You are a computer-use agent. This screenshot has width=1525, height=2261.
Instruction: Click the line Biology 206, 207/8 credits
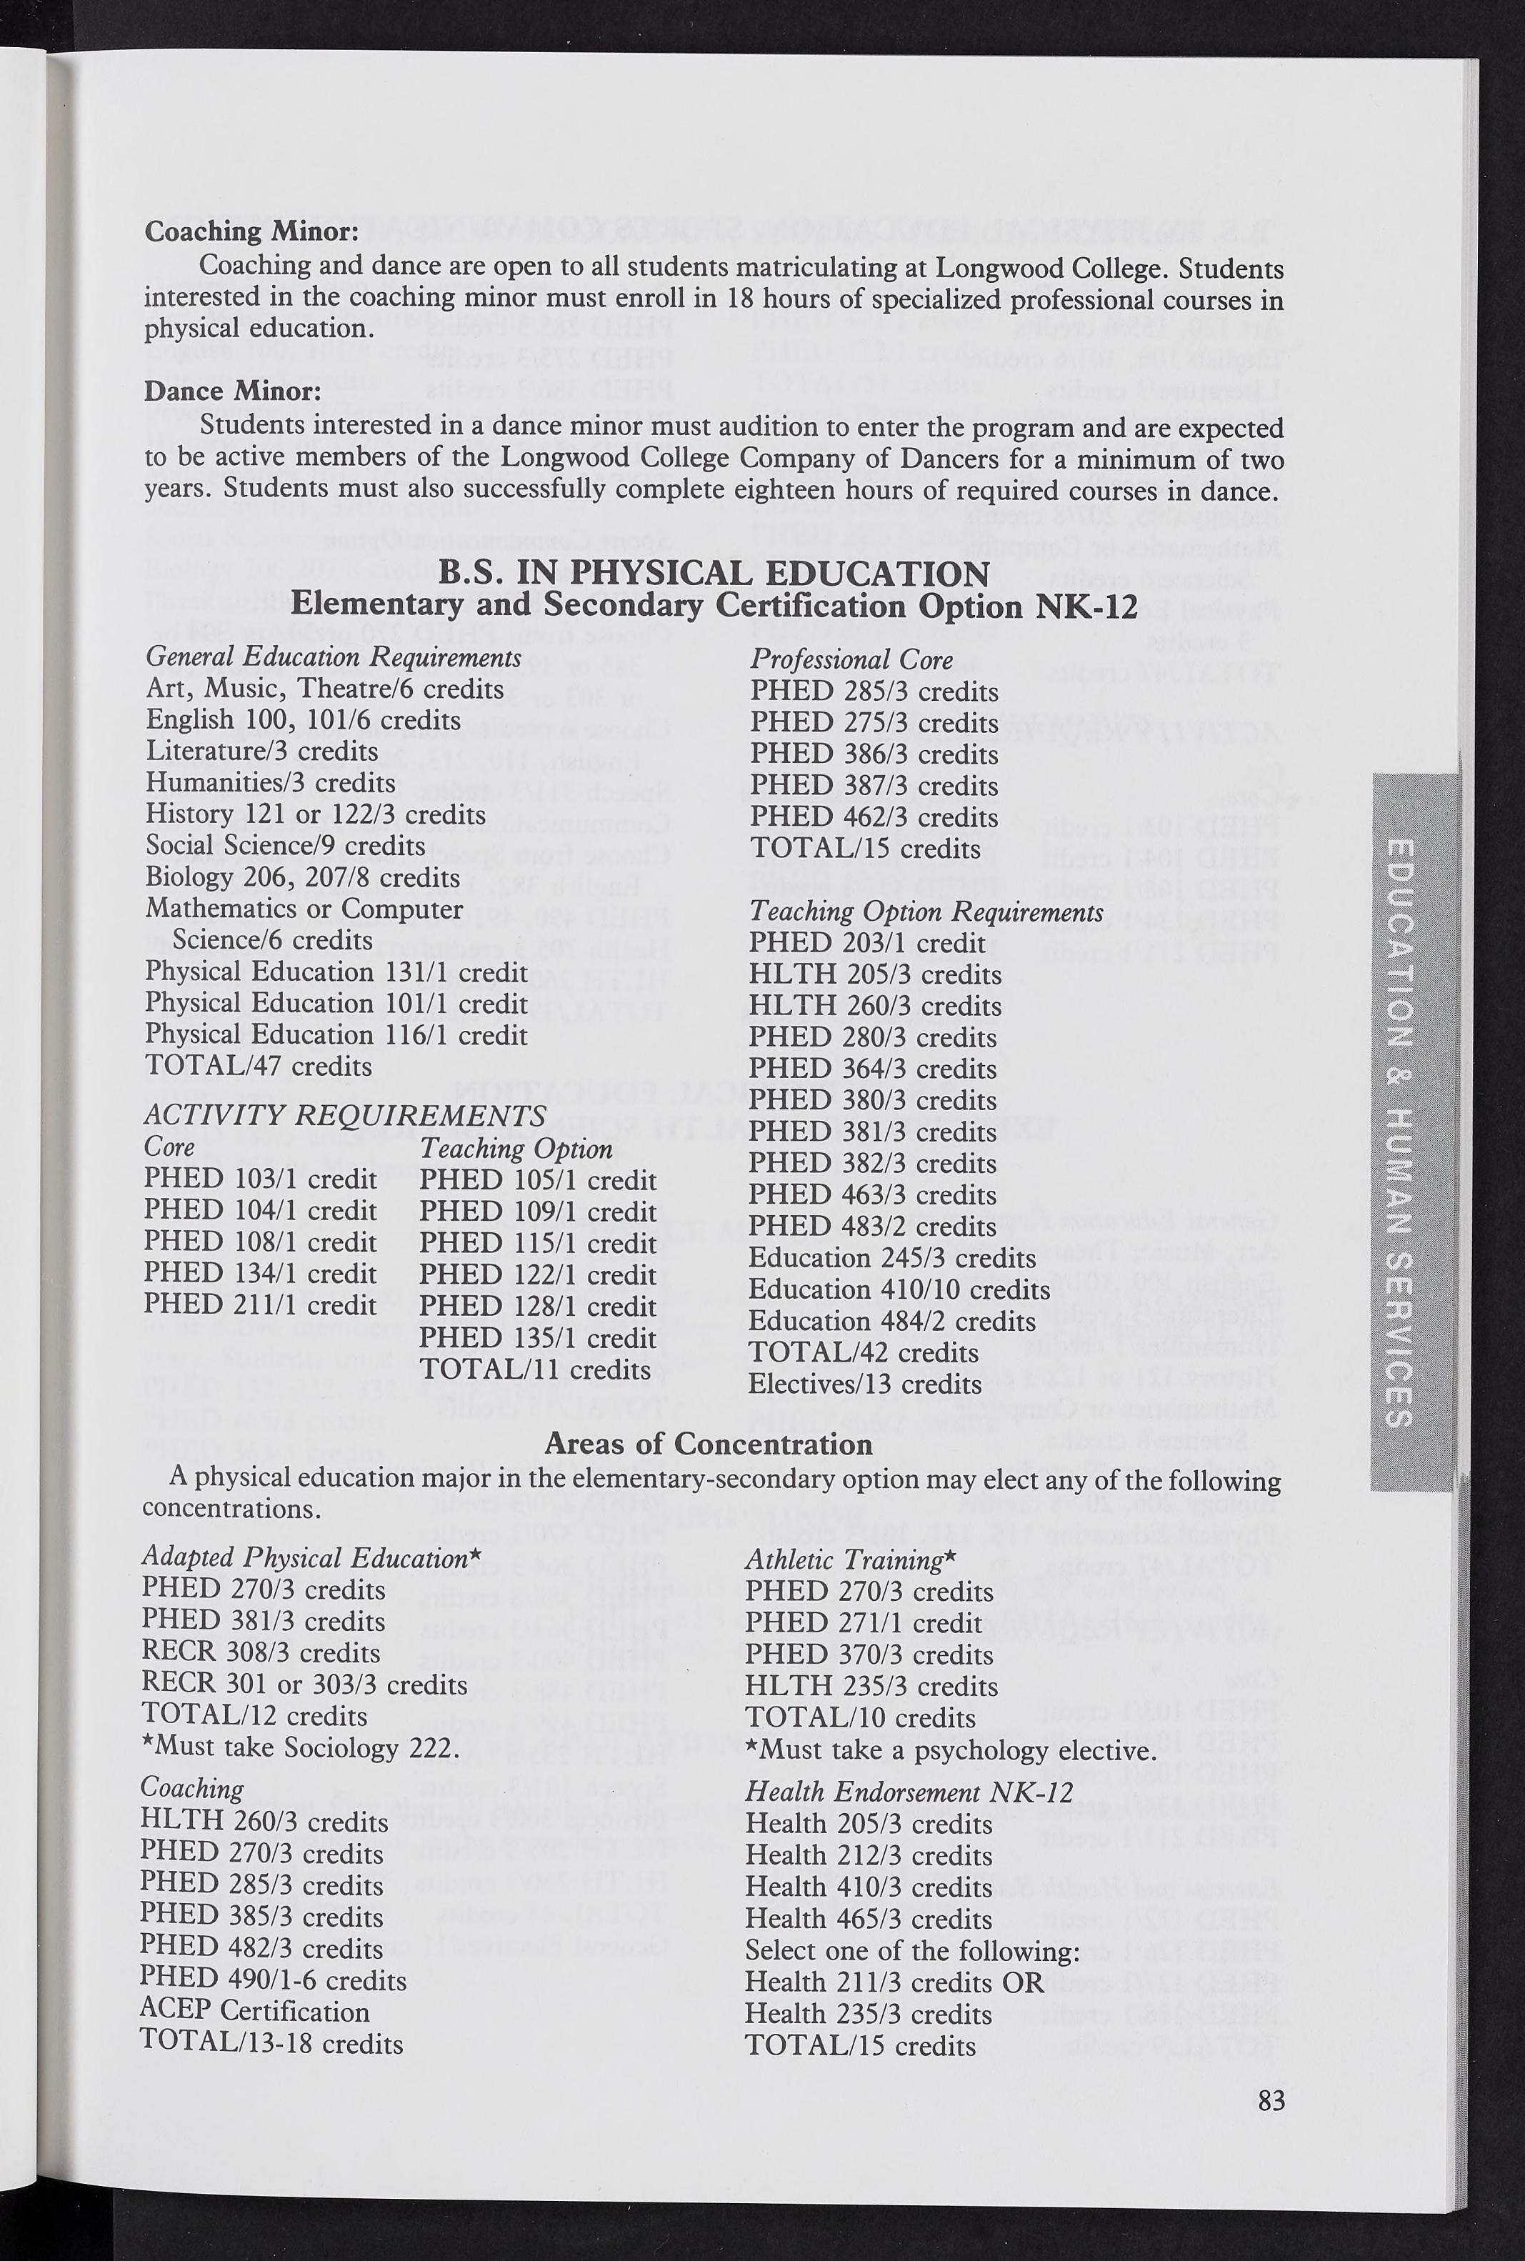(302, 877)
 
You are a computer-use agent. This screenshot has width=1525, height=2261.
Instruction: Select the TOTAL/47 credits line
(258, 1066)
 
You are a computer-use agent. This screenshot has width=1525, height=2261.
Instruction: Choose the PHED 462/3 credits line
(874, 817)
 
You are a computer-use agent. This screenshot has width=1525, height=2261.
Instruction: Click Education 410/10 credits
(899, 1289)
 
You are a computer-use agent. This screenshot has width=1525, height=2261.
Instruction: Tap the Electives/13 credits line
(864, 1383)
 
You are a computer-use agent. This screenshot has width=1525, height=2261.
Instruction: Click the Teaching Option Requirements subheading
(926, 912)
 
